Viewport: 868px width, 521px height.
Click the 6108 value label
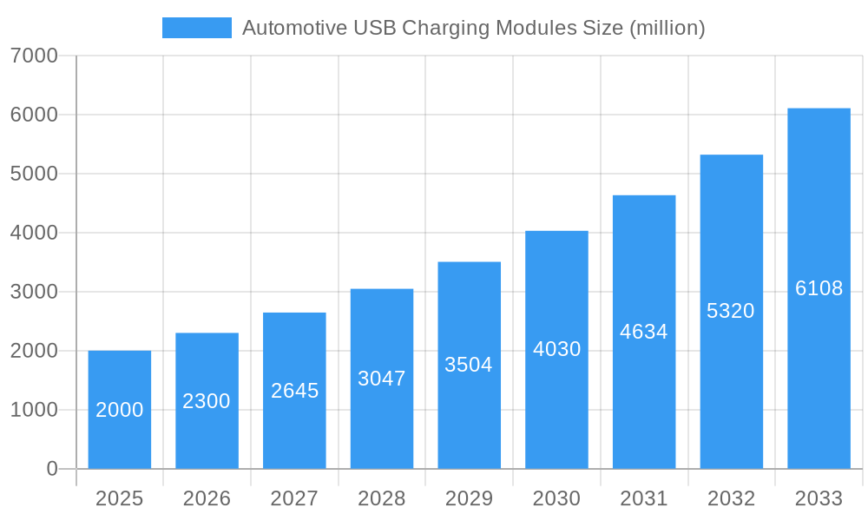[819, 288]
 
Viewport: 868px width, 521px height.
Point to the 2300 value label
[207, 401]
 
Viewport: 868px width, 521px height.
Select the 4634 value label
[644, 332]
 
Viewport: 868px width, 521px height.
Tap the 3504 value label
[469, 365]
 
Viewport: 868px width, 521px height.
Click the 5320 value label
[731, 311]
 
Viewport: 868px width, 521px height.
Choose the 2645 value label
[294, 391]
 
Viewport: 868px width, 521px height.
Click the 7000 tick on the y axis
[34, 56]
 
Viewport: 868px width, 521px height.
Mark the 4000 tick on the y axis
[34, 233]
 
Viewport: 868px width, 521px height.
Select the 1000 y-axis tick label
[34, 410]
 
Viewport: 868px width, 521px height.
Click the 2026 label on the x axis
[207, 498]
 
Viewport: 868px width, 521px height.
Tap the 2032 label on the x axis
[731, 498]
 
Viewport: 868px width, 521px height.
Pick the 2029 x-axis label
[469, 498]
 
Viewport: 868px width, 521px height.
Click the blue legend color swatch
[197, 28]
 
